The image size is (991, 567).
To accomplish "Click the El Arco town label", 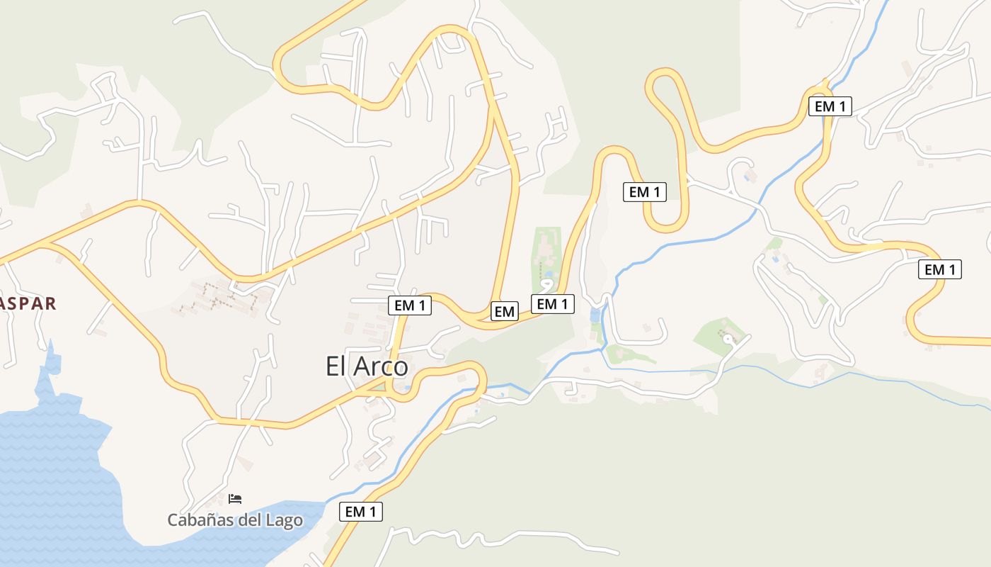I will click(367, 366).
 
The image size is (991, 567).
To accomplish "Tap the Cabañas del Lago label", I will click(235, 520).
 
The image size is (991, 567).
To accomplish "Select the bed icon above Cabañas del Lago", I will click(235, 499).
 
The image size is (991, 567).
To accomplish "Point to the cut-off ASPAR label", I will click(27, 303).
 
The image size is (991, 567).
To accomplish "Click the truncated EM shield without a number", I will click(504, 311).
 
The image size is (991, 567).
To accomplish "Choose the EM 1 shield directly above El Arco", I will click(410, 305).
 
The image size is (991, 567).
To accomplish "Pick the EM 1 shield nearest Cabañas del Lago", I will click(361, 511).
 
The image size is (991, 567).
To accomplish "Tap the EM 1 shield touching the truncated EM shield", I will click(553, 304).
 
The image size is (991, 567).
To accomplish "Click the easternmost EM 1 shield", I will click(940, 269).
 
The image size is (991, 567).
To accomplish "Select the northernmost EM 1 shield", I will click(830, 106).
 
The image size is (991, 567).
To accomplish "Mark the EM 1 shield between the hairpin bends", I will click(644, 191).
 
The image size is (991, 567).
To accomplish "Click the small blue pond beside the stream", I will click(595, 315).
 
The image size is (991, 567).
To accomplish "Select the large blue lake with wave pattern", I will click(50, 468).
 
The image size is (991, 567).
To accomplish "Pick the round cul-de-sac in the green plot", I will click(728, 339).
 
